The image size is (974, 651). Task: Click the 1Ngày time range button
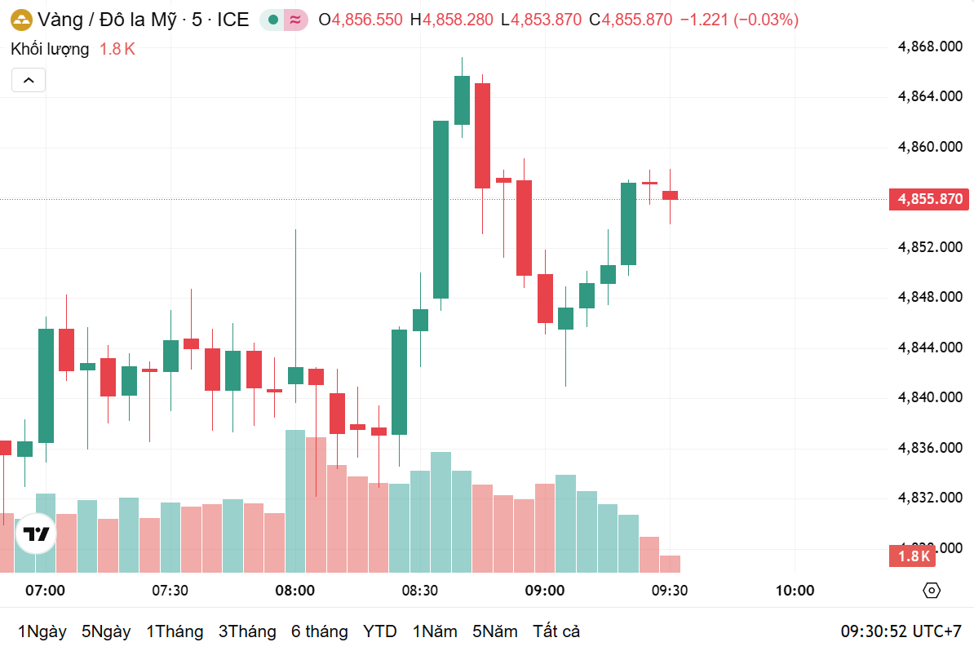coord(42,631)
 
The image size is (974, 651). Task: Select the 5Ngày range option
coord(106,631)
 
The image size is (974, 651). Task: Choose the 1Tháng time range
coord(175,631)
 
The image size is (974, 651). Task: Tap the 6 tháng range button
coord(319,631)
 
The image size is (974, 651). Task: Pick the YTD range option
coord(379,631)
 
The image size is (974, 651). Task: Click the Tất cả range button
coord(556,631)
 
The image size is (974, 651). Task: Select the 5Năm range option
coord(494,631)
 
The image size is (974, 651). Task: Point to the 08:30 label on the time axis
coord(419,591)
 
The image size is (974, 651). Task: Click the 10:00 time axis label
coord(795,591)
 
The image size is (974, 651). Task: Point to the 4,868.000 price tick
coord(930,46)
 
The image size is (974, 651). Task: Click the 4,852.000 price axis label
coord(930,246)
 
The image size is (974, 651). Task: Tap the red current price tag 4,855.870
coord(930,199)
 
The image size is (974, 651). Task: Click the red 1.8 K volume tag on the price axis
coord(914,556)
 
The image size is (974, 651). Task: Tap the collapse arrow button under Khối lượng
coord(29,80)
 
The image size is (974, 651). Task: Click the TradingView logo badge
coord(36,534)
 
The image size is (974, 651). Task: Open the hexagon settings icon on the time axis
coord(932,591)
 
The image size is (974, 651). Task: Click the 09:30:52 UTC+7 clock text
coord(901,631)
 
